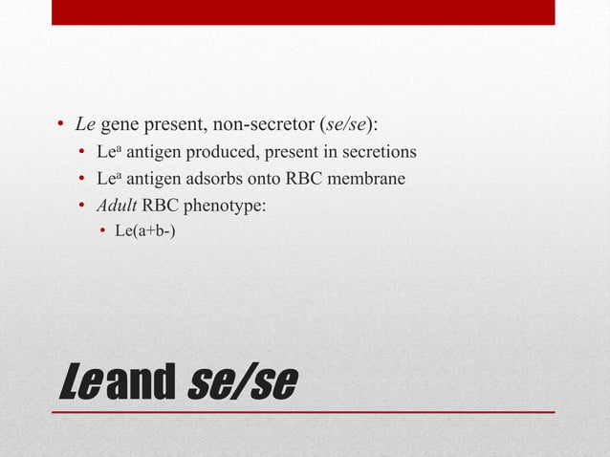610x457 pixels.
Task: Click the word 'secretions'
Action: pos(378,152)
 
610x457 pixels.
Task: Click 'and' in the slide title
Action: pos(141,383)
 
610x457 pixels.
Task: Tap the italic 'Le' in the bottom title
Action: pos(77,383)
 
